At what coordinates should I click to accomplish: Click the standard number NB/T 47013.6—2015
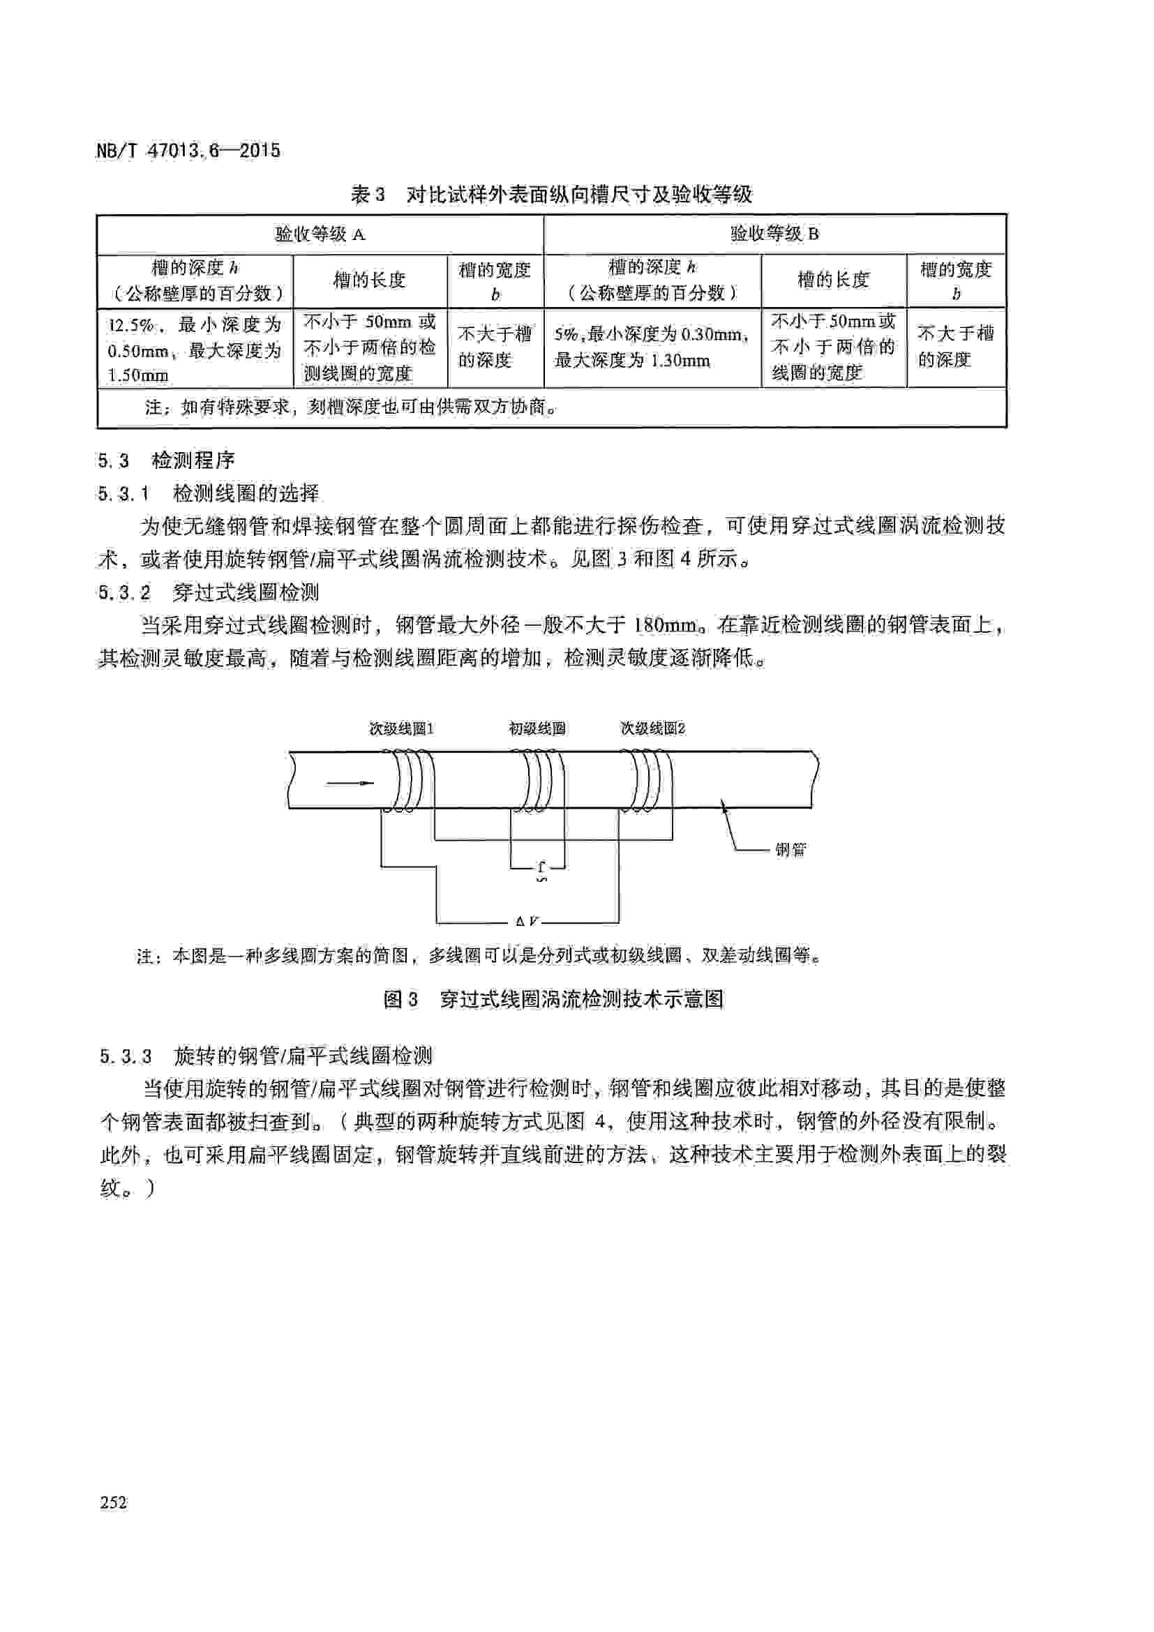pos(188,151)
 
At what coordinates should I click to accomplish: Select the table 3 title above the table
pos(550,194)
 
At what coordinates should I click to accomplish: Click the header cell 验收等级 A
pos(320,234)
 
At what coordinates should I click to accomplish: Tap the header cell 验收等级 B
pos(774,234)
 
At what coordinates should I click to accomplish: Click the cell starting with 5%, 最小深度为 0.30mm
pos(652,347)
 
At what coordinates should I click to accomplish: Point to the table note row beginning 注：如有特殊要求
pos(350,407)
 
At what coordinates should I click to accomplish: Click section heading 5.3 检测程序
pos(166,461)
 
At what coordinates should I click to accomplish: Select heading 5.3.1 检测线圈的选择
pos(209,493)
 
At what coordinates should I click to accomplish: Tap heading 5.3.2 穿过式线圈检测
pos(209,592)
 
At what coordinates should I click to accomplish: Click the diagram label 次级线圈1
pos(400,728)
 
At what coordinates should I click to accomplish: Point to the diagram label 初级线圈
pos(537,728)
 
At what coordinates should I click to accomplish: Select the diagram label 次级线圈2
pos(652,728)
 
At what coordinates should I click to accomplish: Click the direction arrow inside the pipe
pos(350,784)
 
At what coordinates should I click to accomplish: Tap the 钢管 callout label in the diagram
pos(790,849)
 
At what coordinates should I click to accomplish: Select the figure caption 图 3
pos(553,999)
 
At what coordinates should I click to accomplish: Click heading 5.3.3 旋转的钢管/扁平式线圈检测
pos(266,1056)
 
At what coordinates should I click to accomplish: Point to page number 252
pos(114,1502)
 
